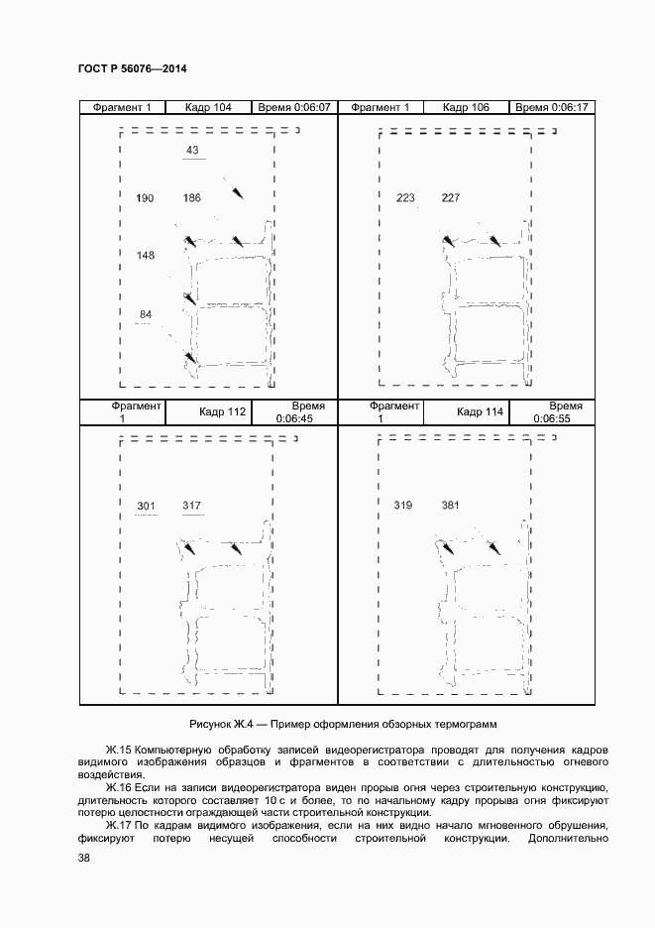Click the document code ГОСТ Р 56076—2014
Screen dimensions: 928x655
[132, 68]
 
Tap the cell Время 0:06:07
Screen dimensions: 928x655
[293, 107]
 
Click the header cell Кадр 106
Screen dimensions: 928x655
[466, 107]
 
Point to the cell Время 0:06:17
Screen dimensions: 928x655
[552, 107]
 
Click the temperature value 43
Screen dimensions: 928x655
[192, 151]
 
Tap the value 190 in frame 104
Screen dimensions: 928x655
[145, 199]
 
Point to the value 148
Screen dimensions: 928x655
[145, 256]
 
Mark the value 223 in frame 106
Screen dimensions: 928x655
[405, 198]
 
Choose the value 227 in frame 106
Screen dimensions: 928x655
[451, 198]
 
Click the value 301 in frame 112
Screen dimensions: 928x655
[146, 507]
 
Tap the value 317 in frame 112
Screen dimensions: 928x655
[192, 507]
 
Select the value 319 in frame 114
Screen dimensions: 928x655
[403, 506]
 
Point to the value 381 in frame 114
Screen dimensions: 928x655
[451, 506]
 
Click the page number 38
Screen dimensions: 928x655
[84, 858]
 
